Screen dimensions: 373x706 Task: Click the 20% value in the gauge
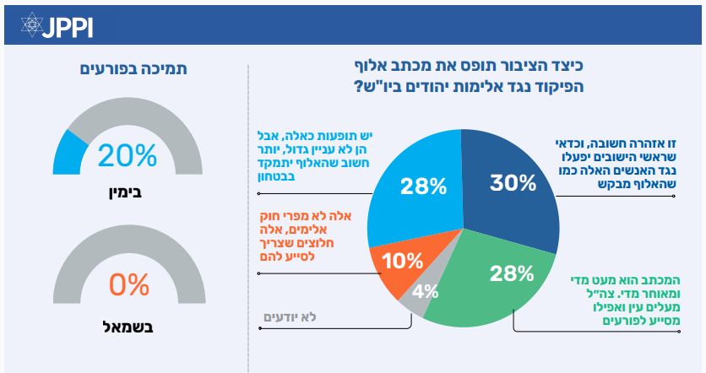(x=128, y=155)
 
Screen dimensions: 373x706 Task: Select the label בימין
(x=128, y=193)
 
